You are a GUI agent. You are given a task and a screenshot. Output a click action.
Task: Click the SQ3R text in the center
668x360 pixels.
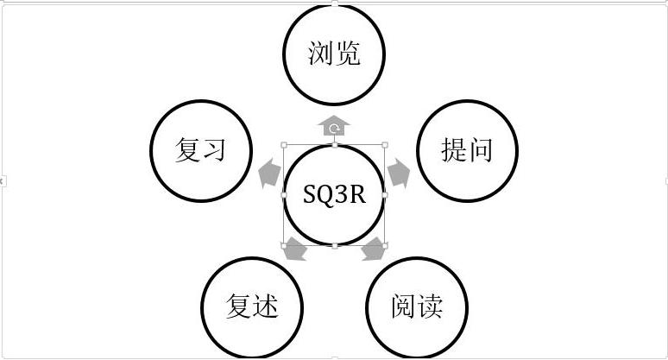pyautogui.click(x=334, y=195)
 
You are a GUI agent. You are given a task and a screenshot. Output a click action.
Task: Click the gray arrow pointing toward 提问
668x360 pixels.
pyautogui.click(x=397, y=173)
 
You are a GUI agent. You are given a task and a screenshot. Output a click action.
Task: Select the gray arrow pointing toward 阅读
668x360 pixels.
pyautogui.click(x=375, y=250)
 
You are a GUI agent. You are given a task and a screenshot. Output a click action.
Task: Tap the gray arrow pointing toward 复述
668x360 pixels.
pyautogui.click(x=294, y=250)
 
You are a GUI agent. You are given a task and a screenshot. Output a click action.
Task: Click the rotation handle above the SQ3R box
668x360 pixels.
pyautogui.click(x=334, y=129)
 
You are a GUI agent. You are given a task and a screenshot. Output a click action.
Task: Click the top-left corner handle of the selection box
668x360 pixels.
pyautogui.click(x=284, y=145)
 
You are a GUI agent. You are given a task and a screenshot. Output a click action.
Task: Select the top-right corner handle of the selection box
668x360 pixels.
pyautogui.click(x=385, y=145)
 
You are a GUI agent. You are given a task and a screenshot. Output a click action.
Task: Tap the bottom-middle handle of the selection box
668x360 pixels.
pyautogui.click(x=334, y=246)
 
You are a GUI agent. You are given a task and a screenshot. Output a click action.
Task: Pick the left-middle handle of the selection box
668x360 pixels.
pyautogui.click(x=284, y=195)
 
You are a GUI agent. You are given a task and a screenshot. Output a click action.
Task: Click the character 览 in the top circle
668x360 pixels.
pyautogui.click(x=347, y=54)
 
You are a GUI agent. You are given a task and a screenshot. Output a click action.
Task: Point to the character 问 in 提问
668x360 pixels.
pyautogui.click(x=480, y=150)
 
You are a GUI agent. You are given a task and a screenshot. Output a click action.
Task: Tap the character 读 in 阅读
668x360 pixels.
pyautogui.click(x=430, y=306)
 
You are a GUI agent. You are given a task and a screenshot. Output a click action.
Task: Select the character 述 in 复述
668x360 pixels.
pyautogui.click(x=265, y=306)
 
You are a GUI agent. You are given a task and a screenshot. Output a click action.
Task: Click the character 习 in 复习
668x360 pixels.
pyautogui.click(x=214, y=150)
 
